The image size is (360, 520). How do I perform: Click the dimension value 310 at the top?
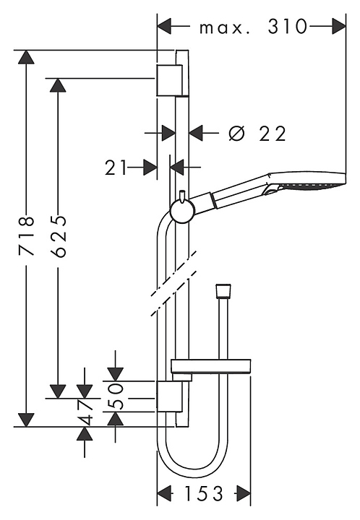288,27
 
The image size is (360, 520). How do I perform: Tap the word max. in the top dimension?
224,28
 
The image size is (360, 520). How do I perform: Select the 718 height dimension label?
27,235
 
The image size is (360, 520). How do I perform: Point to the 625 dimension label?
59,235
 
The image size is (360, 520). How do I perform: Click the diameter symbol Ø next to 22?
237,134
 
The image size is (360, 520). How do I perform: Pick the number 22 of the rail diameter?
272,134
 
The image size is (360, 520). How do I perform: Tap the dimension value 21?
116,168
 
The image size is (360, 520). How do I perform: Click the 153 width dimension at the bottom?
203,494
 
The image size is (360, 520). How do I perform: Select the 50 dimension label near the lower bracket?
116,396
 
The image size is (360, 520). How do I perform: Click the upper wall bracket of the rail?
170,80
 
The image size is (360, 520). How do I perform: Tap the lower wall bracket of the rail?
170,396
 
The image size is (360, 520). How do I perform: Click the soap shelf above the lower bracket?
210,365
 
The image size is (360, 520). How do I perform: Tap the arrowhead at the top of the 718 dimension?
27,57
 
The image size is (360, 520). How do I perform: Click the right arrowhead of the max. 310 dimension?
339,27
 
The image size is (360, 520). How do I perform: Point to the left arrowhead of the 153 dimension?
164,494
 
